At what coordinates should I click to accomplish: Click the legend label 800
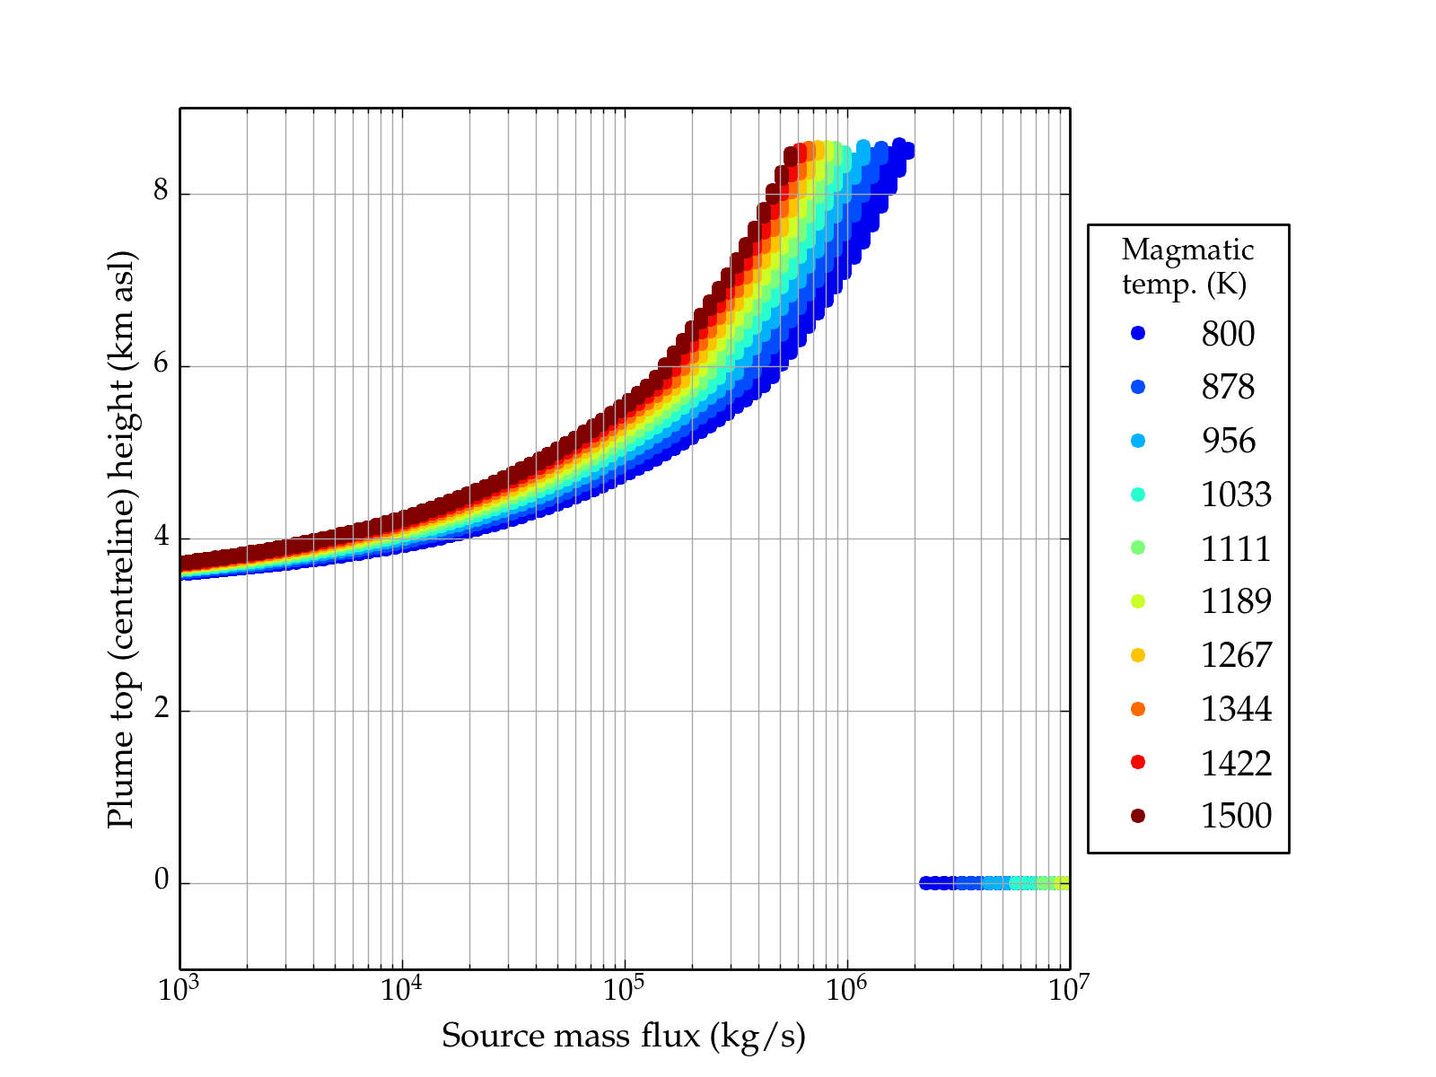(x=1228, y=334)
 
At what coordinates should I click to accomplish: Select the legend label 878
(x=1228, y=387)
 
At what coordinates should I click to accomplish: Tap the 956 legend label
(x=1228, y=441)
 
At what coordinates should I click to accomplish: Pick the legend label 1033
(x=1236, y=495)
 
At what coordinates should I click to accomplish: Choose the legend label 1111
(x=1236, y=548)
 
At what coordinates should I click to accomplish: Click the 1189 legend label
(x=1236, y=601)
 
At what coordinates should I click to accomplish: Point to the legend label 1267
(x=1236, y=655)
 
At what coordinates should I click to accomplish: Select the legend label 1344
(x=1236, y=709)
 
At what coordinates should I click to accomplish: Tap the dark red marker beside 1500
(x=1138, y=816)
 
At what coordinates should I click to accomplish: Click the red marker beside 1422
(x=1138, y=763)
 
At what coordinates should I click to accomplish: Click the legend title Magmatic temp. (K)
(x=1187, y=267)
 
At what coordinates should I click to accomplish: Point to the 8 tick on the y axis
(x=162, y=192)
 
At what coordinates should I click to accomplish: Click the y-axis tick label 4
(x=162, y=537)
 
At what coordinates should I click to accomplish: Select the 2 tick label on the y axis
(x=162, y=709)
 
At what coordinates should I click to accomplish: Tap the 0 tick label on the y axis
(x=162, y=881)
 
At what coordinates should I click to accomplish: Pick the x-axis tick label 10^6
(x=845, y=989)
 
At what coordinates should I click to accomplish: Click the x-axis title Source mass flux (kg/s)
(x=624, y=1037)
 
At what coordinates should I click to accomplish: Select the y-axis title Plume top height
(x=121, y=538)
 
